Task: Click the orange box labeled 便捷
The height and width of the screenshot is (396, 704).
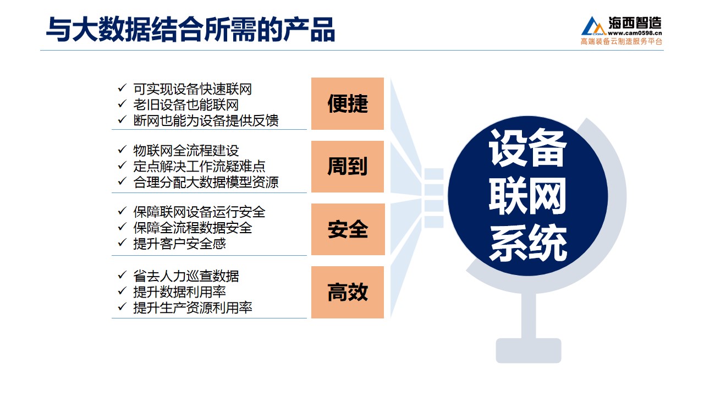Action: point(347,103)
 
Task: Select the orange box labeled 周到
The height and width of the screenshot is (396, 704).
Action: point(347,166)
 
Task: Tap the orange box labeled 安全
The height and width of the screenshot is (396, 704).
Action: point(348,229)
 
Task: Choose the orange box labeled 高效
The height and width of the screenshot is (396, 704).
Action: point(347,292)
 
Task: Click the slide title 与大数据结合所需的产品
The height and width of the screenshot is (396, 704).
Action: point(190,30)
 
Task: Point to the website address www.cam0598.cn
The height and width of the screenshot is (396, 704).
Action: point(635,33)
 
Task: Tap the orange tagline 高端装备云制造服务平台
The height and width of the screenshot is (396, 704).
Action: point(621,41)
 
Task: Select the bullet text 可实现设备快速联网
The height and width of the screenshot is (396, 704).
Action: point(193,89)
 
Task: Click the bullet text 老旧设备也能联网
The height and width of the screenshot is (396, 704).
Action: point(186,105)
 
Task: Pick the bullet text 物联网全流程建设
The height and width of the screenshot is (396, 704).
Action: point(186,151)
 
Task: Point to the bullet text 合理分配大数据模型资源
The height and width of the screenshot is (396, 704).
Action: point(206,182)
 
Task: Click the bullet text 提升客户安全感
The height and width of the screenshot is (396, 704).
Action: point(179,244)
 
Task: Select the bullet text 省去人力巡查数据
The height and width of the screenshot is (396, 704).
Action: point(186,276)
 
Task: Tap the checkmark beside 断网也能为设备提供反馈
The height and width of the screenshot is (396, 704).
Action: point(122,119)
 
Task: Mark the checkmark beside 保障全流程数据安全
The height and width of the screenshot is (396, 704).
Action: point(122,226)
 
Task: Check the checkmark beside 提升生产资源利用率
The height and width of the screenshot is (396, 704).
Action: point(122,306)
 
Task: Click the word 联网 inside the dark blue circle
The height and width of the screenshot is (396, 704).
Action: point(527,196)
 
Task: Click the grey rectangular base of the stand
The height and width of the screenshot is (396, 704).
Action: point(529,350)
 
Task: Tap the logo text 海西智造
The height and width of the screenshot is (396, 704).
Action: point(635,23)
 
